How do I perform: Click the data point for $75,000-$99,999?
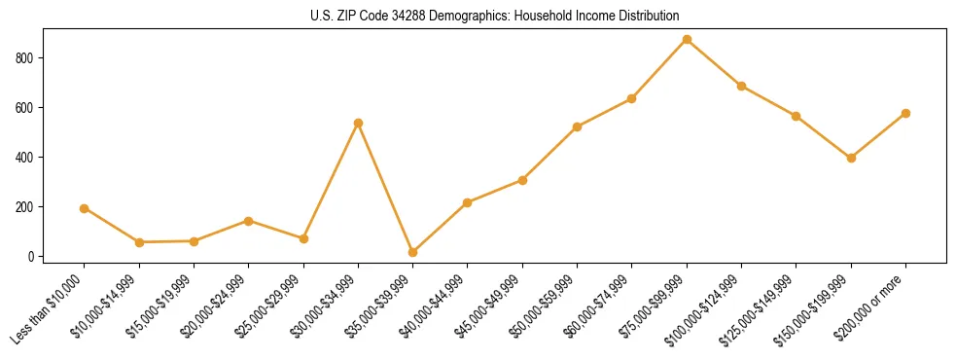tap(687, 40)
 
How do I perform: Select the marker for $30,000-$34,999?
tap(358, 124)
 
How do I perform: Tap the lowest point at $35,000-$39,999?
tap(412, 252)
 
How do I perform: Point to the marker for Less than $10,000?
tap(84, 208)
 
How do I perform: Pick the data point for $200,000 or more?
tap(905, 113)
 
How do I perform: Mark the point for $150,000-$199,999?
tap(851, 158)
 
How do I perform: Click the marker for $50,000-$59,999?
tap(577, 126)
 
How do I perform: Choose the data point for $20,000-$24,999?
tap(248, 221)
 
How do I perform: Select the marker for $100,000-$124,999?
tap(741, 86)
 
